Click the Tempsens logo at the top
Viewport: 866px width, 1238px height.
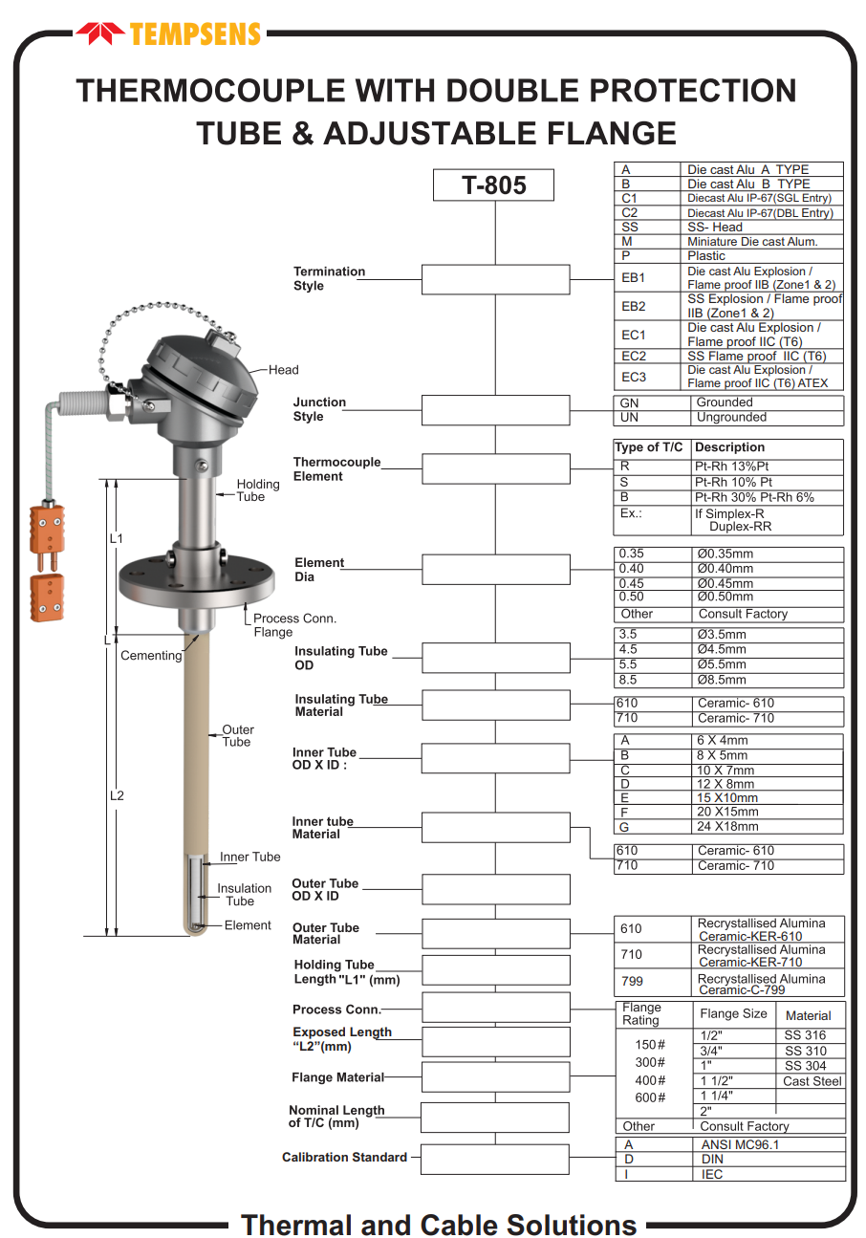tap(168, 34)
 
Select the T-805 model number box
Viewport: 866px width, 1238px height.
tap(494, 185)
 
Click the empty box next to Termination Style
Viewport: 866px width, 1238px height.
tap(495, 279)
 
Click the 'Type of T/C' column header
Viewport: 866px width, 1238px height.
tap(649, 447)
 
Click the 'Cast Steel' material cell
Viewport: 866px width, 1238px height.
tap(812, 1081)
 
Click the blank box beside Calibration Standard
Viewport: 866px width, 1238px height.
tap(494, 1159)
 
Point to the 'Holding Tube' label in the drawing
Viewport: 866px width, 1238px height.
tap(257, 490)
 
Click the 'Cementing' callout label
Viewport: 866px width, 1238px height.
tap(150, 656)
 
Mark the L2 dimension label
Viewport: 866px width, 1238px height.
tap(117, 795)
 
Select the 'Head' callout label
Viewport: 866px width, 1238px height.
tap(283, 370)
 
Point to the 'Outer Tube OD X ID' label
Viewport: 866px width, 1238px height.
tap(325, 890)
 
